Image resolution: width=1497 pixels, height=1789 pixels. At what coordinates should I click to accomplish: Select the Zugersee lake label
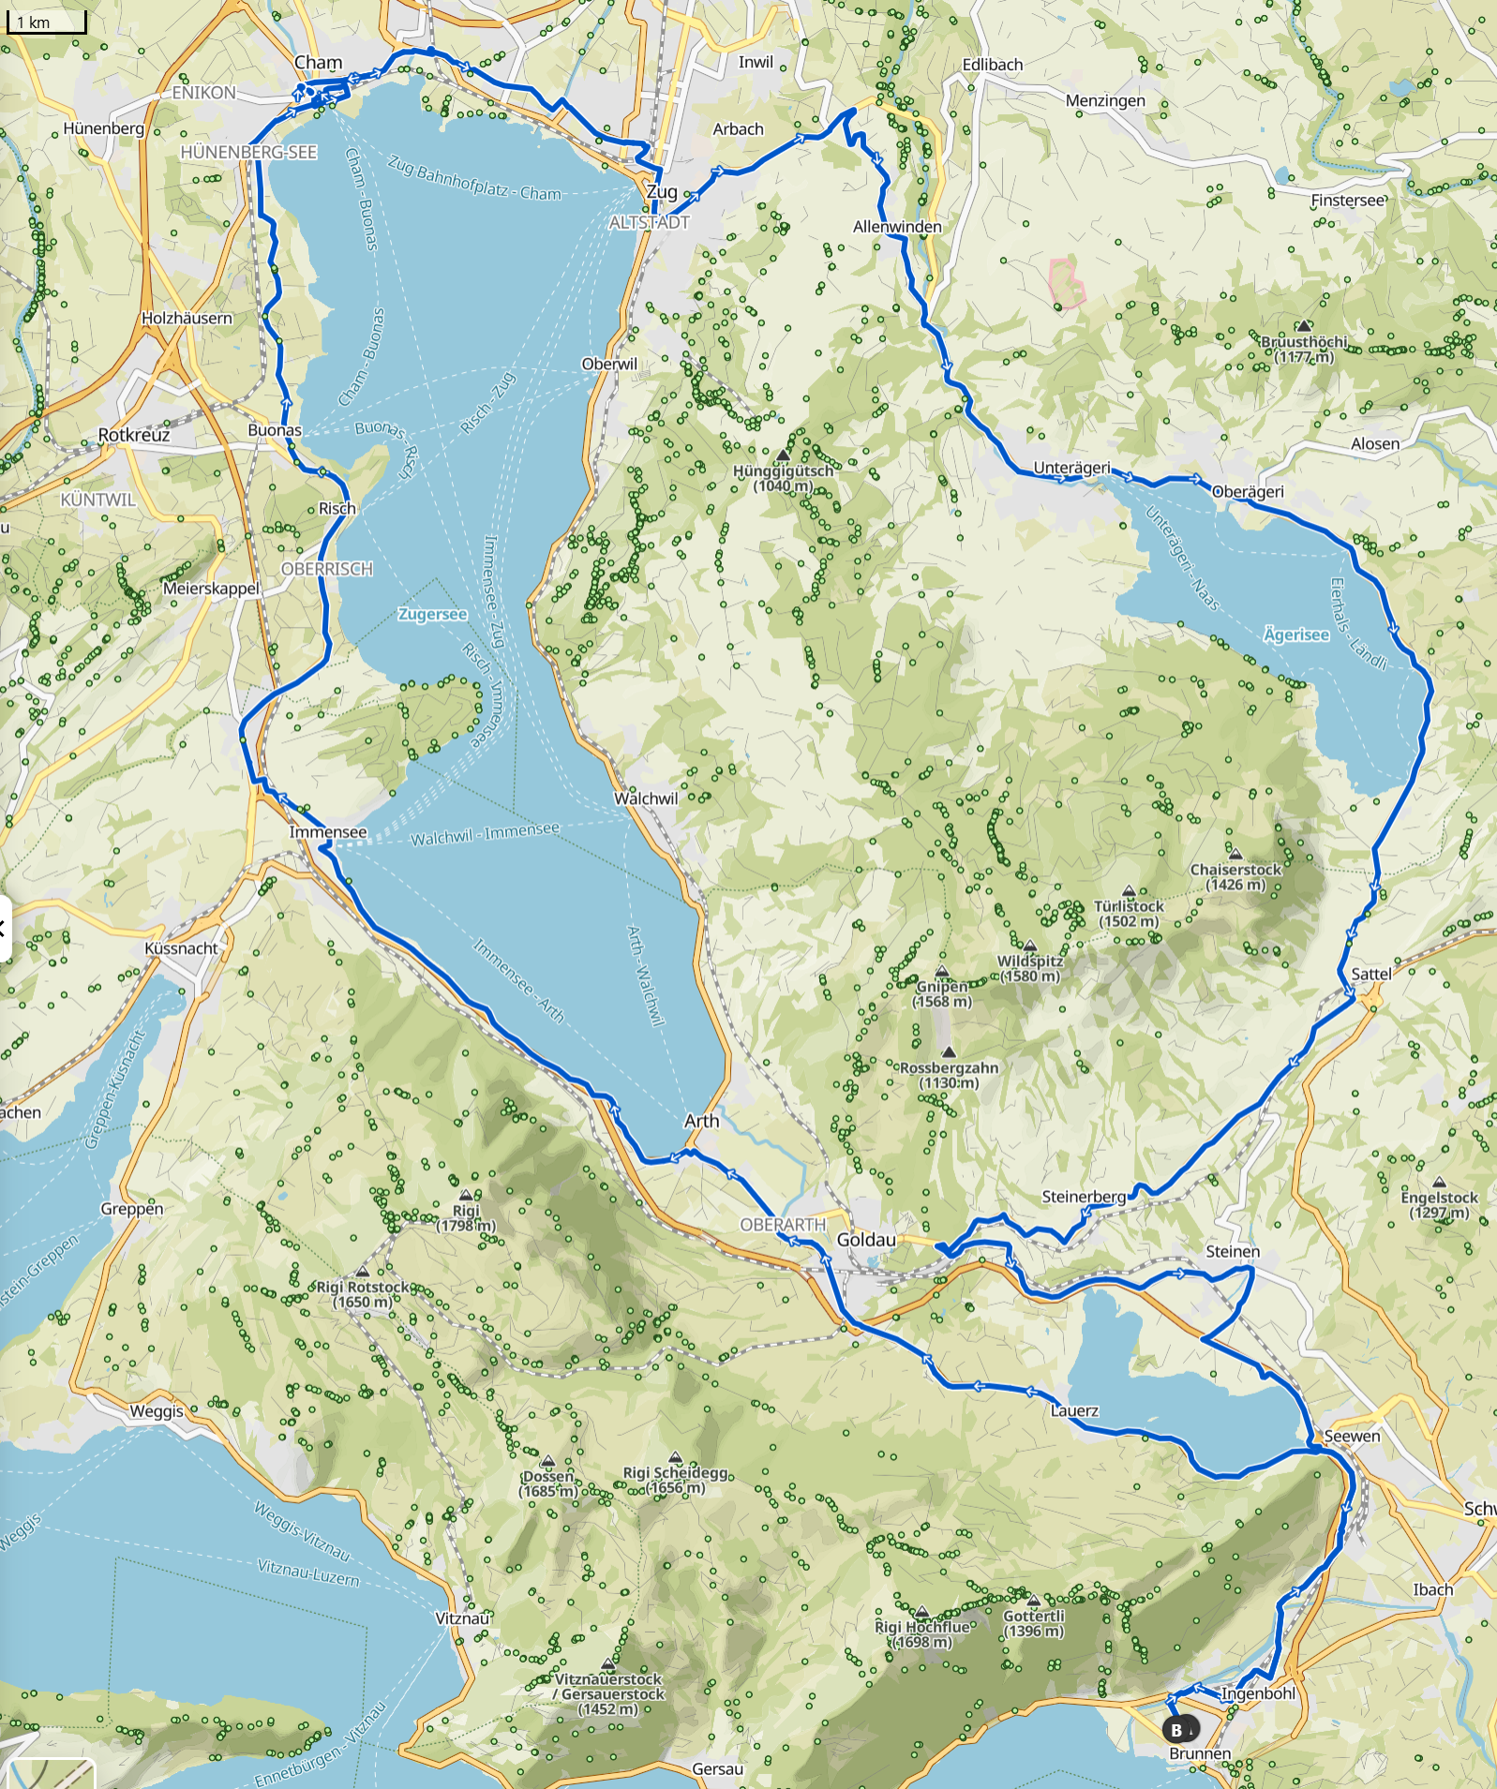(x=432, y=615)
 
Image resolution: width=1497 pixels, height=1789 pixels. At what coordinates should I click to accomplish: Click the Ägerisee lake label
(x=1295, y=635)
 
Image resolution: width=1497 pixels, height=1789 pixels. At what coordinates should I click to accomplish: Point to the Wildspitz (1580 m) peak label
(x=1030, y=968)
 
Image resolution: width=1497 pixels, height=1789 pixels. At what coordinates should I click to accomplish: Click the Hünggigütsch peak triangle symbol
(x=783, y=455)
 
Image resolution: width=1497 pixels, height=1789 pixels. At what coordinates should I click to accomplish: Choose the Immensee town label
(x=328, y=832)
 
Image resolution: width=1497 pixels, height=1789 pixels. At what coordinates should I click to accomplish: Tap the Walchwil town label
(x=645, y=798)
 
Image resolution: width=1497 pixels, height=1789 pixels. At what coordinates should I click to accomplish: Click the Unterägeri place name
(x=1071, y=468)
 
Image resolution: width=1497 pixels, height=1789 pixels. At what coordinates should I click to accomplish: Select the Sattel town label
(x=1370, y=974)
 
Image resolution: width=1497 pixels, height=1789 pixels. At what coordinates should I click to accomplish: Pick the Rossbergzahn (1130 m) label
(x=949, y=1075)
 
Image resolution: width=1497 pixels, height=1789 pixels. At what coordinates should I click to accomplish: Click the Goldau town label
(x=866, y=1240)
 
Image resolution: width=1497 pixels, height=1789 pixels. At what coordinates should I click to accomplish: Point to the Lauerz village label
(x=1074, y=1410)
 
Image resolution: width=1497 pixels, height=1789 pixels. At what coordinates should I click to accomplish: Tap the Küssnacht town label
(x=181, y=948)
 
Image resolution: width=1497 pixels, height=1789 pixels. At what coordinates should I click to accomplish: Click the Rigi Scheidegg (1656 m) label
(x=676, y=1480)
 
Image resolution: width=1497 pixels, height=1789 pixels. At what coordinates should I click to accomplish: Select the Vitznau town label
(x=462, y=1618)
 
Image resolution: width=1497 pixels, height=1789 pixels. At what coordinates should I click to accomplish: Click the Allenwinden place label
(x=897, y=227)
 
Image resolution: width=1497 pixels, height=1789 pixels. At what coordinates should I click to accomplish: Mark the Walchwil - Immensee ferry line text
(x=485, y=833)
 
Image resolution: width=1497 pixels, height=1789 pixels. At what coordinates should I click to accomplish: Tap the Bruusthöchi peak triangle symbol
(x=1304, y=325)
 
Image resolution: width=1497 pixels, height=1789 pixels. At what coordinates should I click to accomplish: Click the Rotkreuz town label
(x=134, y=435)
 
